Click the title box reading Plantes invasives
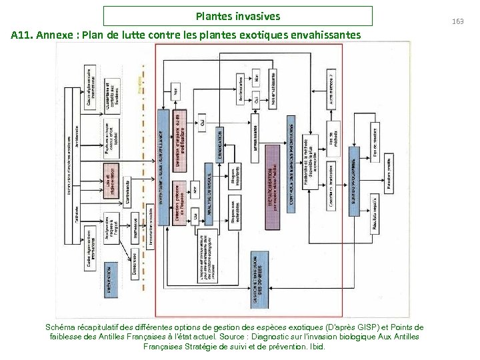pyautogui.click(x=238, y=16)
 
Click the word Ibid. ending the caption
pyautogui.click(x=317, y=347)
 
